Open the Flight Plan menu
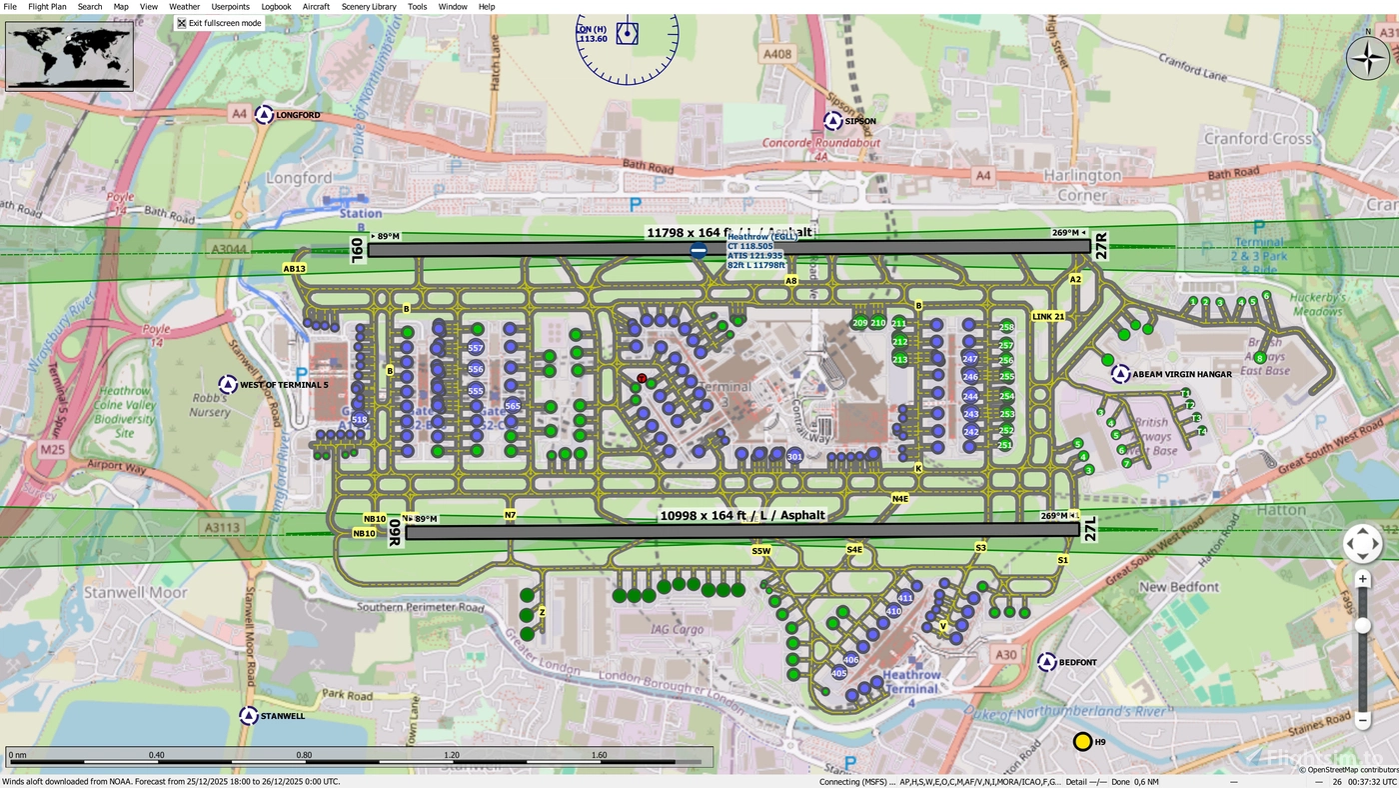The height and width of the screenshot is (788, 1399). click(x=47, y=6)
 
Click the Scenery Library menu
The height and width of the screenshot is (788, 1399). click(x=369, y=6)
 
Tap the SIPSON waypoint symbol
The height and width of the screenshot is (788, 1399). click(x=832, y=121)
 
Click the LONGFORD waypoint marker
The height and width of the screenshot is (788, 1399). click(x=264, y=115)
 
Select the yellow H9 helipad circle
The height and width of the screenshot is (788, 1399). click(x=1082, y=742)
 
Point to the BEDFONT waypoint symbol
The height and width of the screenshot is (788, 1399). click(x=1047, y=662)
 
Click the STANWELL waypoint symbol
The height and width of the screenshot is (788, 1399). click(x=248, y=716)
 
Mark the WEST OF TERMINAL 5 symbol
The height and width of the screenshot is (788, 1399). click(x=228, y=384)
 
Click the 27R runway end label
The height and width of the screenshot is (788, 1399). click(x=1102, y=247)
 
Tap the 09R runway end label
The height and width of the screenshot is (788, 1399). click(x=395, y=532)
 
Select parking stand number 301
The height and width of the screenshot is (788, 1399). click(x=794, y=457)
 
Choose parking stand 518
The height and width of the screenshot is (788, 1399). click(x=360, y=419)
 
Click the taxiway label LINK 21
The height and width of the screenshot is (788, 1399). click(x=1048, y=316)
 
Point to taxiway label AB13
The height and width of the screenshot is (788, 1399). click(x=294, y=269)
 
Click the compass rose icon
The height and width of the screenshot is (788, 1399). click(x=1368, y=58)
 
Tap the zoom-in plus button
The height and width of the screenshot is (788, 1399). click(x=1362, y=579)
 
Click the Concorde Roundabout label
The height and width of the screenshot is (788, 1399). click(x=821, y=143)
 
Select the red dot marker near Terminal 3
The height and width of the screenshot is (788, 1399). click(x=642, y=378)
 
